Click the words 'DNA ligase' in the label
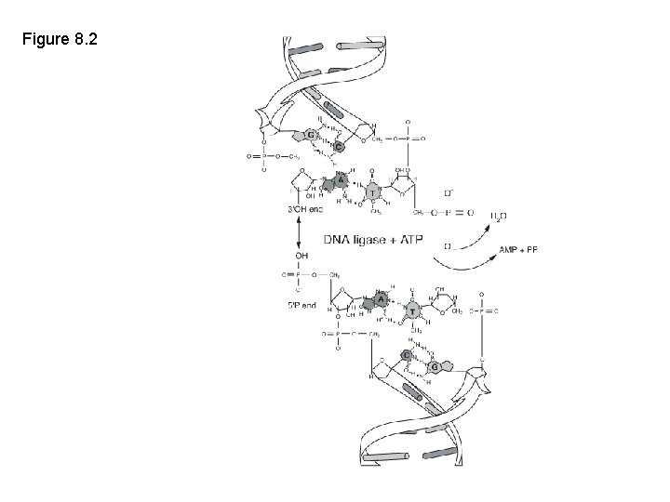[355, 240]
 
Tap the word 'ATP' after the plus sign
[409, 240]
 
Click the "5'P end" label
[302, 305]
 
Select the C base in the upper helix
[339, 147]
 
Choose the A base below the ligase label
[379, 299]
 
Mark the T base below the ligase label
[410, 313]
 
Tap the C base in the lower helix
[406, 355]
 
